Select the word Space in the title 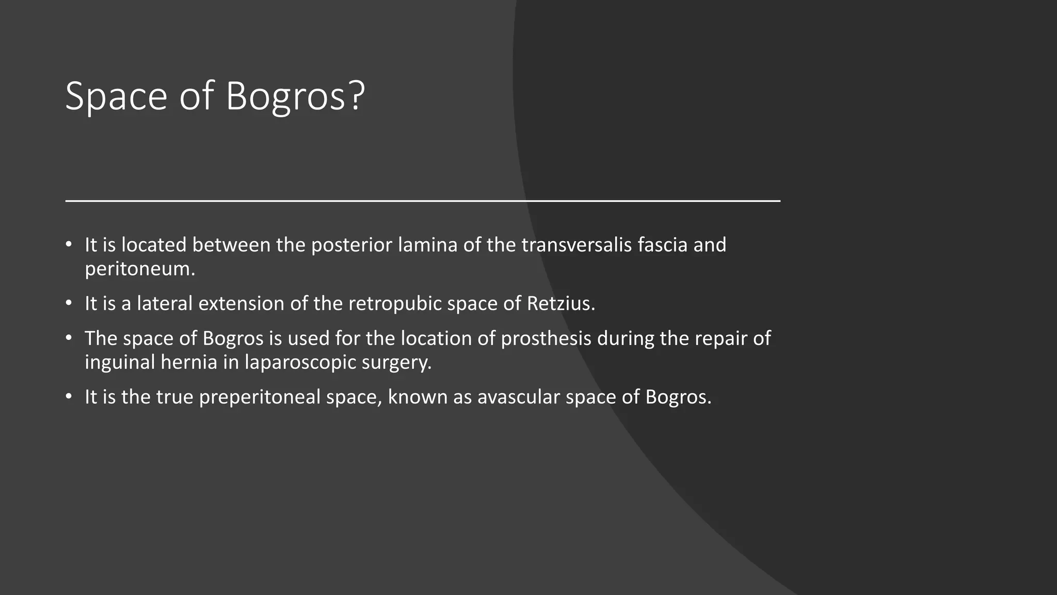pyautogui.click(x=116, y=96)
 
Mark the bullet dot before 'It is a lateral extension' pyautogui.click(x=69, y=303)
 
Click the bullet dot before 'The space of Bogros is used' pyautogui.click(x=69, y=338)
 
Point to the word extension pyautogui.click(x=241, y=304)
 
